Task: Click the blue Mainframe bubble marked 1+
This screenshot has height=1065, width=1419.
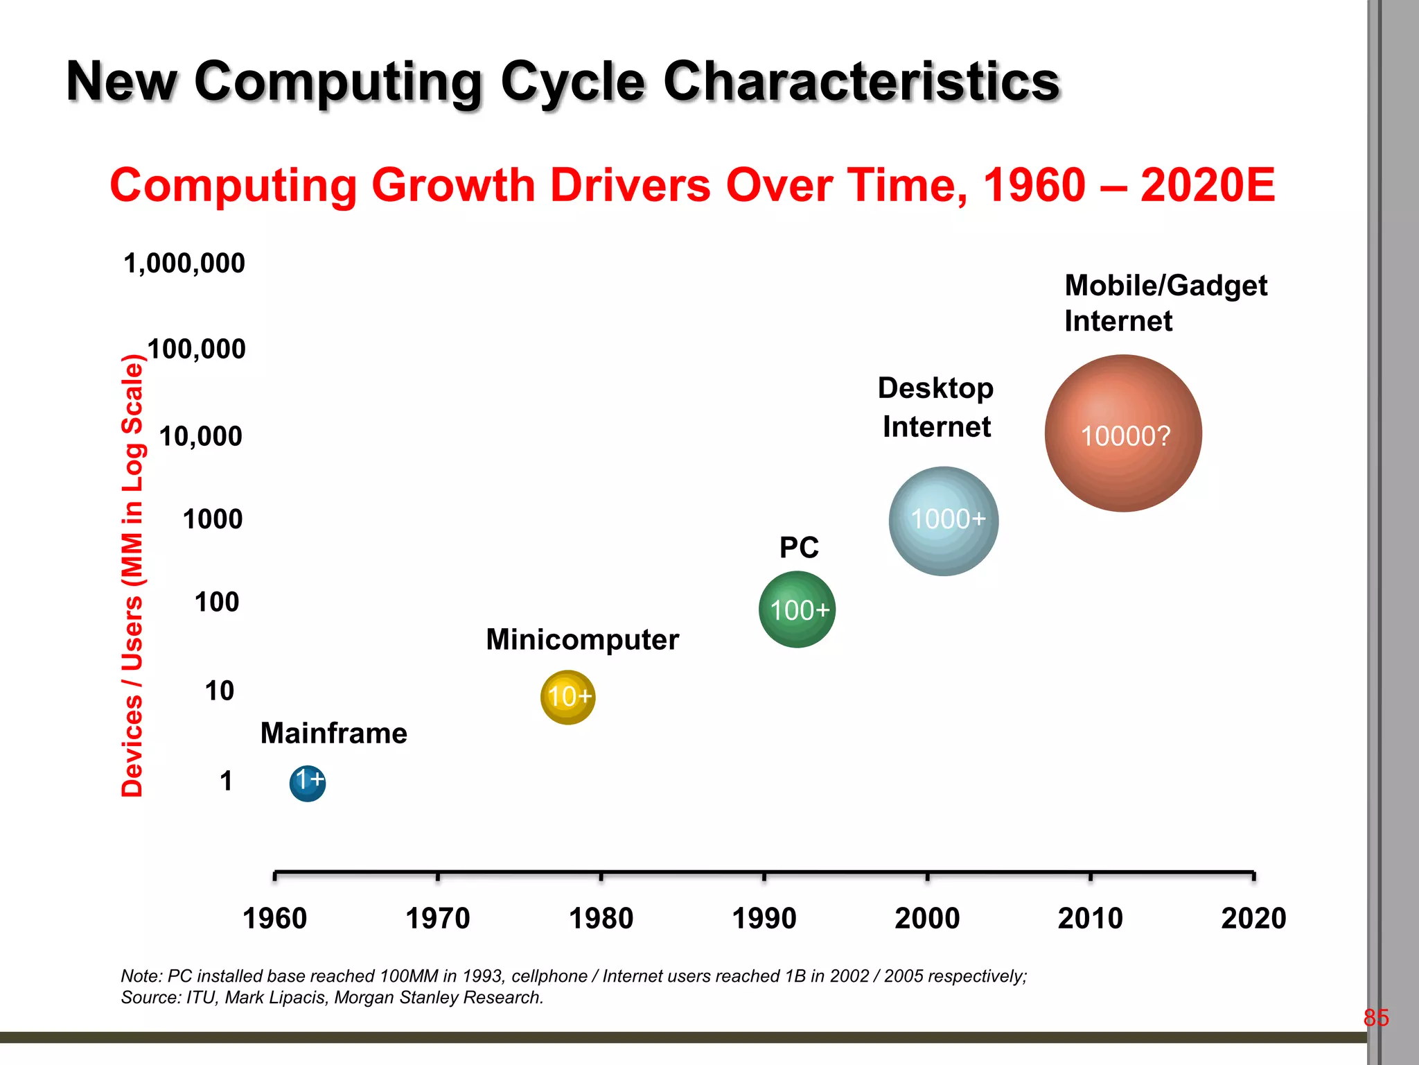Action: point(308,783)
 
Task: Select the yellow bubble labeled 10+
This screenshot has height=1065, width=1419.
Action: point(567,697)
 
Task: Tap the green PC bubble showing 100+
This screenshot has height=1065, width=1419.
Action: point(797,609)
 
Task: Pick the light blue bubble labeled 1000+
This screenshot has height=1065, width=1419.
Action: point(943,521)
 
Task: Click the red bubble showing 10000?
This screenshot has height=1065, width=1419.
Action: point(1123,434)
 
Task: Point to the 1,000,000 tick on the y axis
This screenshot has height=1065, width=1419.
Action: point(184,263)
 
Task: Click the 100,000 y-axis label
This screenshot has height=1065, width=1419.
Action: point(196,349)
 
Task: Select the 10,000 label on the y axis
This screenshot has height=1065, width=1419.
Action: point(201,436)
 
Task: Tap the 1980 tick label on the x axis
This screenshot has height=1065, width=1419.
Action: point(601,918)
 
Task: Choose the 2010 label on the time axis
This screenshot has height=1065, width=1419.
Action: point(1090,918)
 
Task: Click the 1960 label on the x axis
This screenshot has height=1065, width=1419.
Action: point(275,918)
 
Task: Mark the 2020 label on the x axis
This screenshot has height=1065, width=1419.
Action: point(1253,918)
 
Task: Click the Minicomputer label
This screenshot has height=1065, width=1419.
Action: point(582,639)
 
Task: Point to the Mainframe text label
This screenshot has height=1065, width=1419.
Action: point(333,733)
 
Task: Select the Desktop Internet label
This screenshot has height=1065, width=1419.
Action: point(936,408)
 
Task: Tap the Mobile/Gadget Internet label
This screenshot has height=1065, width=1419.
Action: point(1165,303)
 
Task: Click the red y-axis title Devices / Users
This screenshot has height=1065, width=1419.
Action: point(132,575)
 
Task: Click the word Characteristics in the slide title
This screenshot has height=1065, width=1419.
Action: point(861,81)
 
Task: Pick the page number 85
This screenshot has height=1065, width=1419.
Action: point(1375,1017)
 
